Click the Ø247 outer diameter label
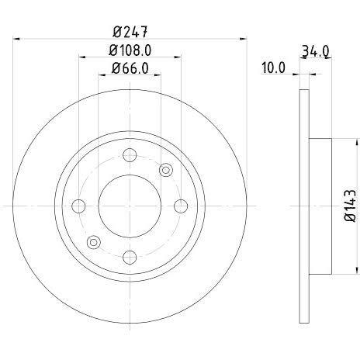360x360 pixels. click(x=130, y=32)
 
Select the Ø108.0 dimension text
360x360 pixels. click(x=130, y=52)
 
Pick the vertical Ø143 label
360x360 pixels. click(x=349, y=206)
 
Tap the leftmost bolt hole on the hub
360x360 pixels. click(x=79, y=206)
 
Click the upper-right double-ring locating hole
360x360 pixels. click(x=165, y=170)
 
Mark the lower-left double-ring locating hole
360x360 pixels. click(x=95, y=242)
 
